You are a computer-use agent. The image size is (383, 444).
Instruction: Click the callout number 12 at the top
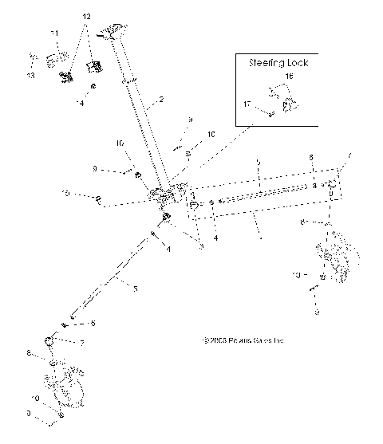click(x=87, y=16)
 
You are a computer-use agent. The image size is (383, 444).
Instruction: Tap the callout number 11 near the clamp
click(x=54, y=33)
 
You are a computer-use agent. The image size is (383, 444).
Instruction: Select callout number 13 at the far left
click(x=30, y=76)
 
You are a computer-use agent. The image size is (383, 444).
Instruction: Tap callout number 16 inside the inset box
click(x=288, y=77)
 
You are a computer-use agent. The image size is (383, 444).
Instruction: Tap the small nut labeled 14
click(x=93, y=86)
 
